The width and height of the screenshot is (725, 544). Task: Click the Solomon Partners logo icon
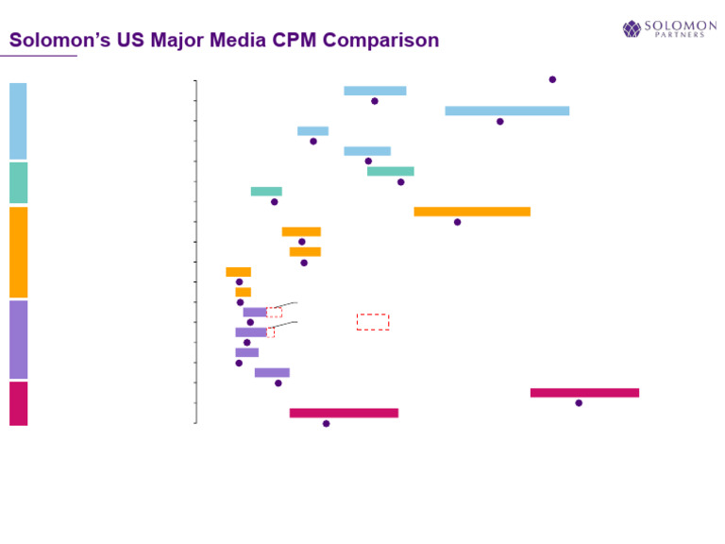[632, 29]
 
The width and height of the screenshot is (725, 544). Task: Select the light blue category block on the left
[18, 121]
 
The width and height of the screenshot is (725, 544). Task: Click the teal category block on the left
[18, 182]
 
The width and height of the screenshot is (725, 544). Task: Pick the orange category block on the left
[18, 252]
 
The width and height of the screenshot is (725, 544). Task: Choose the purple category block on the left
[18, 339]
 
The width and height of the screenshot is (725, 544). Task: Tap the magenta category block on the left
[18, 403]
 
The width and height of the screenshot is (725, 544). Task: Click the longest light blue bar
[507, 110]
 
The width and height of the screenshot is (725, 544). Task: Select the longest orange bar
[472, 212]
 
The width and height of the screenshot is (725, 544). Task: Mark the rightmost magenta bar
[584, 393]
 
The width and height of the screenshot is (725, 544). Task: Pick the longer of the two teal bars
[390, 171]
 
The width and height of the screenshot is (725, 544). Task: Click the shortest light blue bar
[312, 131]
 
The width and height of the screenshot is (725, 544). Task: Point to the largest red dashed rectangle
[373, 322]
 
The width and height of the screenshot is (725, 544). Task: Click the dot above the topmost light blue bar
[552, 79]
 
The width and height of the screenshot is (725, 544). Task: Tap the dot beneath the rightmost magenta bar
[579, 403]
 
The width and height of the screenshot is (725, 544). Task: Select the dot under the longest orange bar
[457, 222]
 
